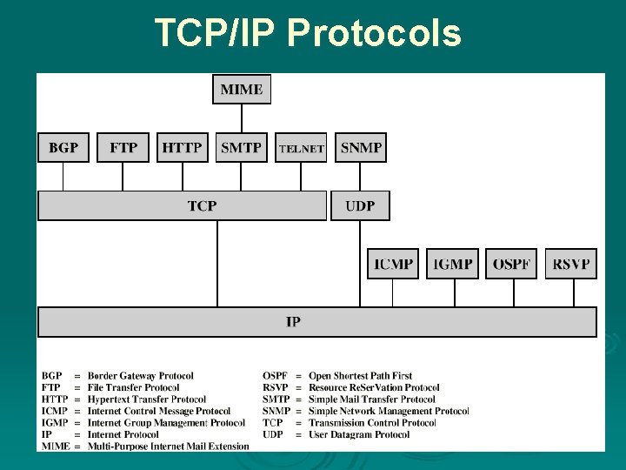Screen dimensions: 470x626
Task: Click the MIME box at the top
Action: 242,90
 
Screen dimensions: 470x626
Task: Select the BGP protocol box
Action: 63,147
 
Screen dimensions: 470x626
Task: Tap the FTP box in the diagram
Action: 123,147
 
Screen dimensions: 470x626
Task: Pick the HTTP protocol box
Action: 183,147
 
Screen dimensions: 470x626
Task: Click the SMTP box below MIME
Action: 242,147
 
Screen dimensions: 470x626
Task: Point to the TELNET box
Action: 301,148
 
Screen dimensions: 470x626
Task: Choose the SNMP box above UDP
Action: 361,147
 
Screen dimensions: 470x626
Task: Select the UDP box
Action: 360,205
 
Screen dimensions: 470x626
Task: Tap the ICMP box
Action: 393,264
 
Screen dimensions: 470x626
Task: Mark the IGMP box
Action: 453,264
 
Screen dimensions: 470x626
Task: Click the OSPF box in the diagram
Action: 512,264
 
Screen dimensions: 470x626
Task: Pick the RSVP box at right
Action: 571,264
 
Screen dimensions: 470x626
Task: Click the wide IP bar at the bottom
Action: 317,322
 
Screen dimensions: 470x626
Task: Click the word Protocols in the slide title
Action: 373,34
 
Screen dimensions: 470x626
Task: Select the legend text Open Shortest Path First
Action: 360,376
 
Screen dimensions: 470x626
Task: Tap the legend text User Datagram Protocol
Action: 359,434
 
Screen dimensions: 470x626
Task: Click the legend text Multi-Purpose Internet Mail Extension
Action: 168,446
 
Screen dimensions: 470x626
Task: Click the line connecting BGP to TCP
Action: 63,177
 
